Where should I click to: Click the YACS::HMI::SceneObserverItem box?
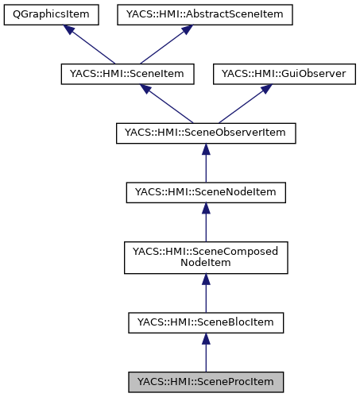206,133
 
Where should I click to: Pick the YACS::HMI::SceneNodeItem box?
206,191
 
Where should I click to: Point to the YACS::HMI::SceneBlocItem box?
206,322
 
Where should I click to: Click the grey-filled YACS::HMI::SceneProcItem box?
206,381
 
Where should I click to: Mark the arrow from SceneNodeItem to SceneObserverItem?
206,163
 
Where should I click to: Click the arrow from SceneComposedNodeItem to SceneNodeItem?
206,222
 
